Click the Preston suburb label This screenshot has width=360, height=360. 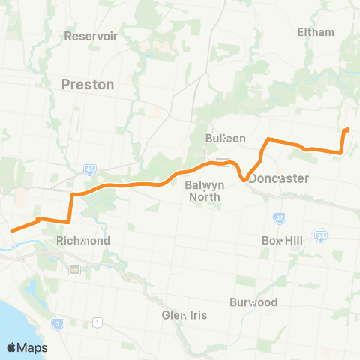point(88,85)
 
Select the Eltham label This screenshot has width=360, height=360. point(316,32)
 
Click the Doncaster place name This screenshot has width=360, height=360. point(279,178)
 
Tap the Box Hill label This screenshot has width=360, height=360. point(281,241)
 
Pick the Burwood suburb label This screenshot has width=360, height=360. point(254,302)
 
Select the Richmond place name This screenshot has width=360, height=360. point(83,241)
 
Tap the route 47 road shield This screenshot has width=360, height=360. point(279,218)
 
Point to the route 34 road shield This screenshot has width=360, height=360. point(322,236)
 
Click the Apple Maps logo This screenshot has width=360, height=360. point(27,347)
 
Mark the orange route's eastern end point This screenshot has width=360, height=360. point(347,130)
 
